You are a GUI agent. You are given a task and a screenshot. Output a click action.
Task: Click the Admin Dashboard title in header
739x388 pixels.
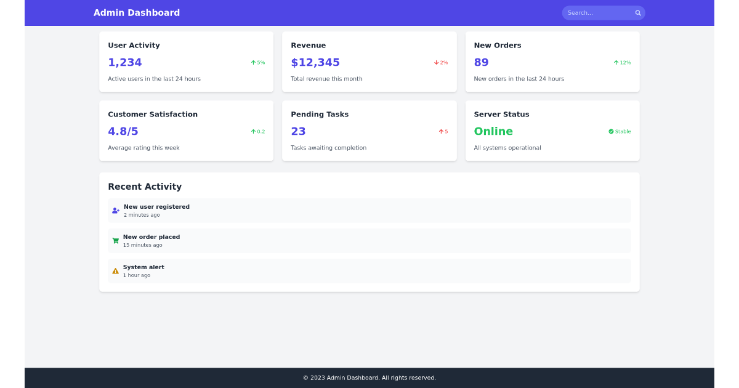pyautogui.click(x=137, y=13)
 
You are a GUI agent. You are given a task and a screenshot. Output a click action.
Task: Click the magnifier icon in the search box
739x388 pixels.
pyautogui.click(x=638, y=13)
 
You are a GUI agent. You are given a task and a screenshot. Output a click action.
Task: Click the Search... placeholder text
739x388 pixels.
pyautogui.click(x=580, y=13)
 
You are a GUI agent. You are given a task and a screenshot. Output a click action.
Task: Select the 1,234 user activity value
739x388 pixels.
pyautogui.click(x=125, y=62)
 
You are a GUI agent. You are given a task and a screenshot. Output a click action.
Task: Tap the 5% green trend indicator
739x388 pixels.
pyautogui.click(x=258, y=63)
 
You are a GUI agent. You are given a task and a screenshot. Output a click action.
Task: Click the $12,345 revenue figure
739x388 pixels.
pyautogui.click(x=315, y=62)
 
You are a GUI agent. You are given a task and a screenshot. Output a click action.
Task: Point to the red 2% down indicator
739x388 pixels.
pyautogui.click(x=441, y=63)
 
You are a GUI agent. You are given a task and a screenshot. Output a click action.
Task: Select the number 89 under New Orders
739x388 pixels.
pyautogui.click(x=481, y=62)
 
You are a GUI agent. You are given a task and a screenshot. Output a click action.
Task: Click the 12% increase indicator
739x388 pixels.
pyautogui.click(x=622, y=63)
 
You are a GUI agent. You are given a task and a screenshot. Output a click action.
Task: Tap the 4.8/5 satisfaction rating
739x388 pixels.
pyautogui.click(x=123, y=131)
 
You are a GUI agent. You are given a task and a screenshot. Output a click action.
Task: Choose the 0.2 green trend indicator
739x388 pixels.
pyautogui.click(x=258, y=132)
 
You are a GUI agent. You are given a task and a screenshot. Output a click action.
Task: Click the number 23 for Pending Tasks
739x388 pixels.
pyautogui.click(x=298, y=131)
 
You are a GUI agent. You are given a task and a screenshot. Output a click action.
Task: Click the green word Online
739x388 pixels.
pyautogui.click(x=493, y=131)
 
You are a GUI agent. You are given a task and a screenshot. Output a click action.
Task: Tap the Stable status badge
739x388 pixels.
pyautogui.click(x=620, y=132)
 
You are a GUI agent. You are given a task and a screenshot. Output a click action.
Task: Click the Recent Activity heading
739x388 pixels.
pyautogui.click(x=145, y=187)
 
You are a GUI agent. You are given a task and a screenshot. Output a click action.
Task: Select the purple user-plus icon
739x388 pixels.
pyautogui.click(x=116, y=211)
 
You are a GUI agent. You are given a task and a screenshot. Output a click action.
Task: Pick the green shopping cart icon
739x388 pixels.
pyautogui.click(x=115, y=241)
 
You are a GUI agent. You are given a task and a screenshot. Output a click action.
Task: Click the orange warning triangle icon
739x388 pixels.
pyautogui.click(x=115, y=271)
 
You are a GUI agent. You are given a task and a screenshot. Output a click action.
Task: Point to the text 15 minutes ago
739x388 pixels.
pyautogui.click(x=142, y=245)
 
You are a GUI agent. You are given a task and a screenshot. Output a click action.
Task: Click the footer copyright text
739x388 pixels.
pyautogui.click(x=369, y=378)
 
